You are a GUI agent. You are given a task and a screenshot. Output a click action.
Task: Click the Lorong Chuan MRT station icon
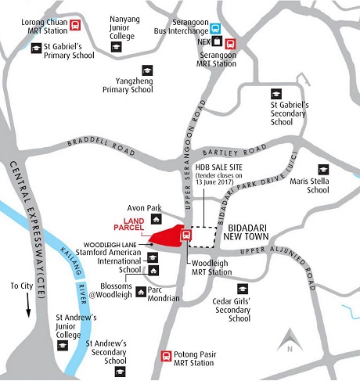[74, 25]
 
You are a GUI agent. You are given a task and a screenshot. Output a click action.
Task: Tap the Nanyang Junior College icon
[116, 48]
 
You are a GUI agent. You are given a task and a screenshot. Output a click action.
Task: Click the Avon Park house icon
[171, 210]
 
